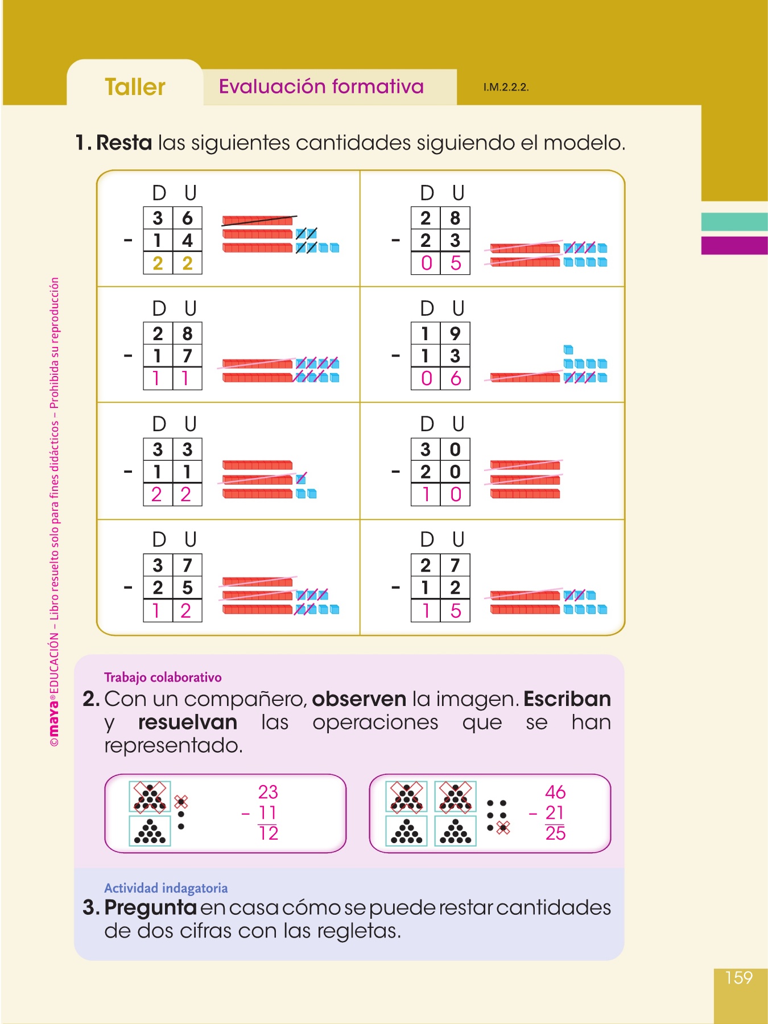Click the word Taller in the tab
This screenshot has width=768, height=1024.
tap(135, 87)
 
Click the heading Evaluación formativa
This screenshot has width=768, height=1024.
tap(321, 86)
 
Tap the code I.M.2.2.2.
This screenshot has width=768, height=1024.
tap(506, 88)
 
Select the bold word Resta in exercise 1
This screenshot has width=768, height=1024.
tap(124, 143)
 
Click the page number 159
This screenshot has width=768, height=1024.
tap(738, 977)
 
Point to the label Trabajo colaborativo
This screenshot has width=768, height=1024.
tap(163, 677)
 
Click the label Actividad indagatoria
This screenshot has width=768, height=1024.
tap(166, 888)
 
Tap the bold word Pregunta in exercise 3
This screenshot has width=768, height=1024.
tap(150, 907)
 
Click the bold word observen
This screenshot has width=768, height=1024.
tap(359, 699)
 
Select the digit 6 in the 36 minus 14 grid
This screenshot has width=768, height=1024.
tap(187, 218)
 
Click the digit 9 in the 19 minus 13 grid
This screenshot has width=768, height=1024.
tap(455, 333)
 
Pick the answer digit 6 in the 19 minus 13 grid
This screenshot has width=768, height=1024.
tap(455, 378)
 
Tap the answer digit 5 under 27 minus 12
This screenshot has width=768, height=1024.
tap(455, 610)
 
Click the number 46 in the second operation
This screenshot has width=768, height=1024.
tap(555, 792)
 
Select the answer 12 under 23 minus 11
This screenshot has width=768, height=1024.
tap(268, 833)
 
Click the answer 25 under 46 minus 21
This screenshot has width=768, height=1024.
tap(555, 833)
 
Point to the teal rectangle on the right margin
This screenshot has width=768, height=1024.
tap(734, 222)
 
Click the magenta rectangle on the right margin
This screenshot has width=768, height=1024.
tap(734, 245)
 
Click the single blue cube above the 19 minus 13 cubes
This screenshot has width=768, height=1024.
tap(568, 349)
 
